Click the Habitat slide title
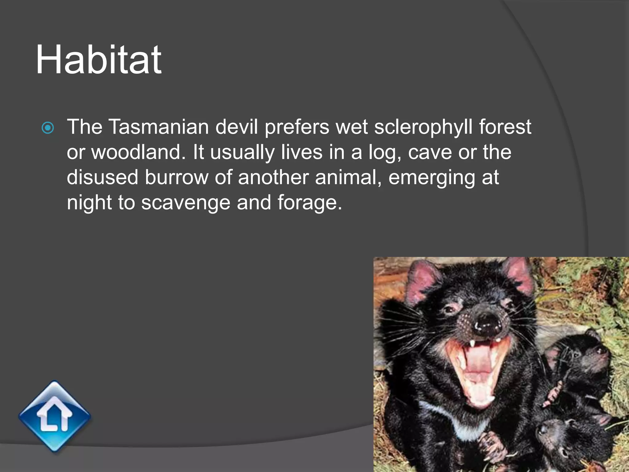[x=98, y=60]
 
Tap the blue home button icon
[x=55, y=416]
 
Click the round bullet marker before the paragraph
[x=48, y=128]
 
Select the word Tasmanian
[x=158, y=127]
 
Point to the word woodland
[x=139, y=152]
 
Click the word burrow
[x=176, y=177]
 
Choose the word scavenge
[x=186, y=203]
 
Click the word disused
[x=102, y=177]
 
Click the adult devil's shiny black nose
[x=487, y=324]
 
